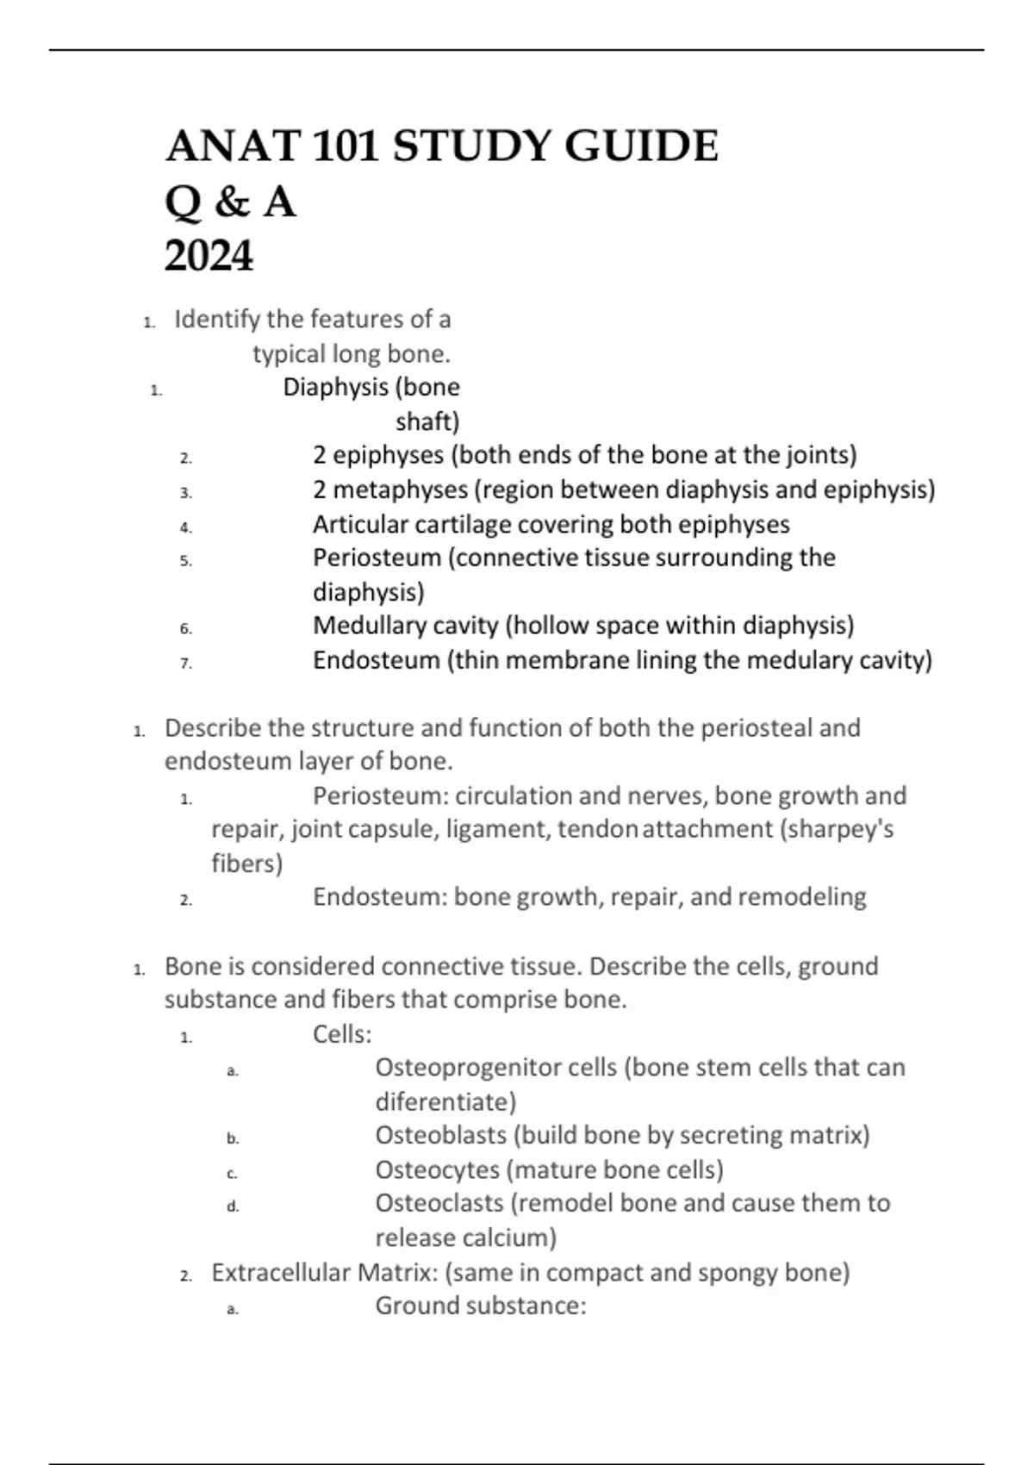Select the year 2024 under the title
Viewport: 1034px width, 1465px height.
tap(209, 256)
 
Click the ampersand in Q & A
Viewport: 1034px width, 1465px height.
tap(231, 203)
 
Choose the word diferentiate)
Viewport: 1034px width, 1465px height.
tap(445, 1101)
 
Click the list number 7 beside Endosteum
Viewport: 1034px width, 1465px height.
tap(185, 663)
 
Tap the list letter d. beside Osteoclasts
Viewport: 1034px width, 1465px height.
tap(233, 1206)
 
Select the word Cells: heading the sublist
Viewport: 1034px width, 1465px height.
tap(342, 1033)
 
